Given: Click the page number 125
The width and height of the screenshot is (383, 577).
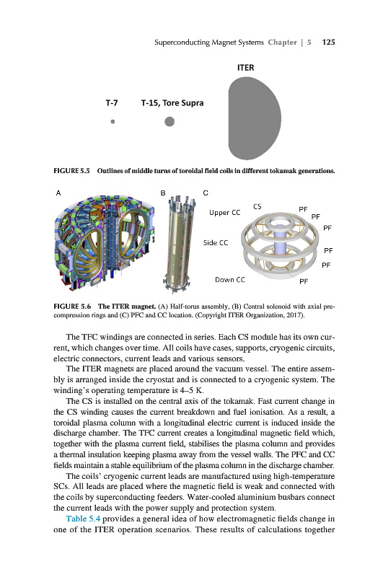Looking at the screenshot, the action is (328, 42).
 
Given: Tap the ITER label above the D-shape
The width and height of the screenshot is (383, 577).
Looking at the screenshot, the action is (245, 68).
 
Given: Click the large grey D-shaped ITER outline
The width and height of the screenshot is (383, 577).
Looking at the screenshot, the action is (255, 118).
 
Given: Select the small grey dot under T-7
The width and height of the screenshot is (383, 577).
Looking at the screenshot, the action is (113, 121).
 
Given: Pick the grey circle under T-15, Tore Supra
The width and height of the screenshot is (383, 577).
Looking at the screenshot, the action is (170, 121).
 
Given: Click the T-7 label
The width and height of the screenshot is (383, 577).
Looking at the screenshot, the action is (112, 103).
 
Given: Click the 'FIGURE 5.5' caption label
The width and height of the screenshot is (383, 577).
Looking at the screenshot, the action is (71, 171).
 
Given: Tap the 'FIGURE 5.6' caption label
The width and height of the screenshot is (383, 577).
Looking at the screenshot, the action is (72, 306).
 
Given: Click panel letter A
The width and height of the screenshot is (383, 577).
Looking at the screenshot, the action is (58, 193).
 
